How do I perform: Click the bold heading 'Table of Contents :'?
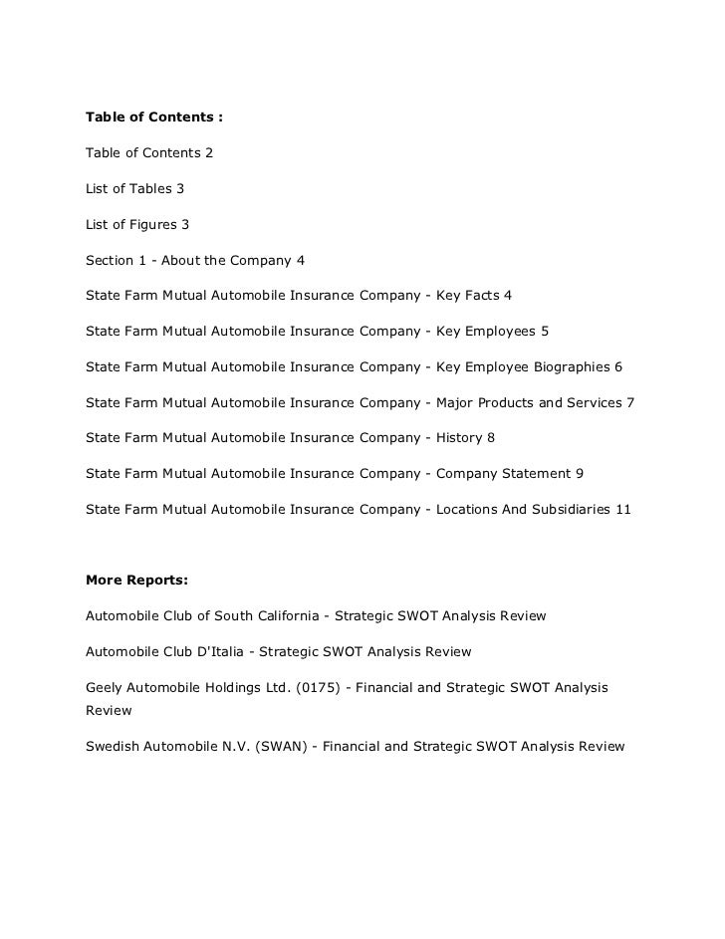(x=154, y=117)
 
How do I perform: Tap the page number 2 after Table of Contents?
(x=208, y=153)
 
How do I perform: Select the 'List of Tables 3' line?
(x=134, y=189)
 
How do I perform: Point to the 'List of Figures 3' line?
(x=137, y=225)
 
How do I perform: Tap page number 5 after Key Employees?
(x=544, y=333)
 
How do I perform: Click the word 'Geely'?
(x=105, y=688)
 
